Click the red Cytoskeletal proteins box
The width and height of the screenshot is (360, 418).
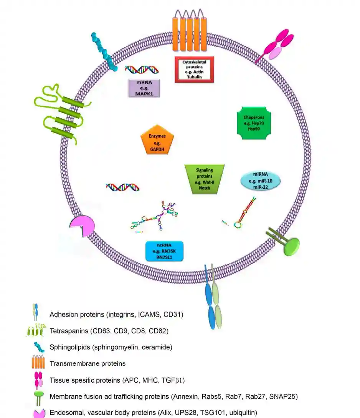point(194,69)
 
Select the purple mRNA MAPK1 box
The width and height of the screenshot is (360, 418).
point(144,88)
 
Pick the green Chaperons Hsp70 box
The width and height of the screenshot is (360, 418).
point(254,121)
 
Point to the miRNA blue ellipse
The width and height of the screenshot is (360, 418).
point(260,181)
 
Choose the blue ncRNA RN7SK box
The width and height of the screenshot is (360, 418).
point(165,251)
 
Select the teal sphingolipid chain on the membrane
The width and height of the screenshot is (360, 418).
point(104,51)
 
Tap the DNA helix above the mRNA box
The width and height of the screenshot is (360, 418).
point(142,70)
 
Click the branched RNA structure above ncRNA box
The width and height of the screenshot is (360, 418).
point(157,216)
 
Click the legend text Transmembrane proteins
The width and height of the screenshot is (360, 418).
point(88,363)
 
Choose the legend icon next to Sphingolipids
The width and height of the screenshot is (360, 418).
point(39,347)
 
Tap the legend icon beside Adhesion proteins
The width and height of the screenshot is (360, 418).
point(36,312)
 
